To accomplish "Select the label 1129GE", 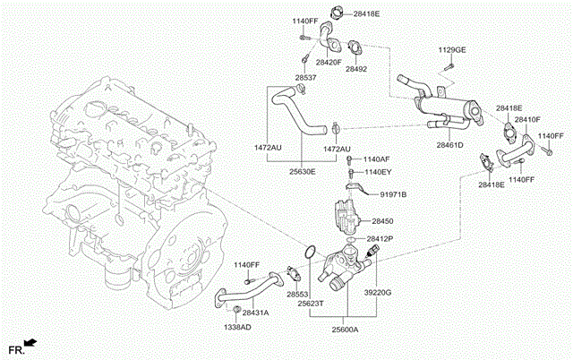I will pos(452,49).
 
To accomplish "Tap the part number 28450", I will pos(382,219).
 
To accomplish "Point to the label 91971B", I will pos(392,194).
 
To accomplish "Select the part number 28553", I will pos(297,293).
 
